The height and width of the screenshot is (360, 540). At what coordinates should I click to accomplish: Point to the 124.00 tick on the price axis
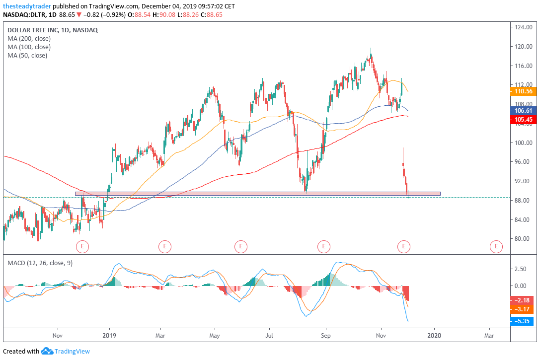(x=524, y=27)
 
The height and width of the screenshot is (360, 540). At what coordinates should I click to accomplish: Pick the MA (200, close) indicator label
(x=29, y=38)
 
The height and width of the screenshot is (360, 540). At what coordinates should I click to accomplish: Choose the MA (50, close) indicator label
(x=27, y=56)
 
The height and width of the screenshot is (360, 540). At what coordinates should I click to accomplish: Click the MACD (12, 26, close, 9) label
(x=40, y=263)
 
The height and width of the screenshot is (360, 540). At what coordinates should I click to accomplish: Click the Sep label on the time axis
(x=326, y=335)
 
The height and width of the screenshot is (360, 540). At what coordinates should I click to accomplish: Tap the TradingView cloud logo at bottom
(x=47, y=351)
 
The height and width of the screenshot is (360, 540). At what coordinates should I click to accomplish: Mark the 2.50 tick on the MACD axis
(x=520, y=269)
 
